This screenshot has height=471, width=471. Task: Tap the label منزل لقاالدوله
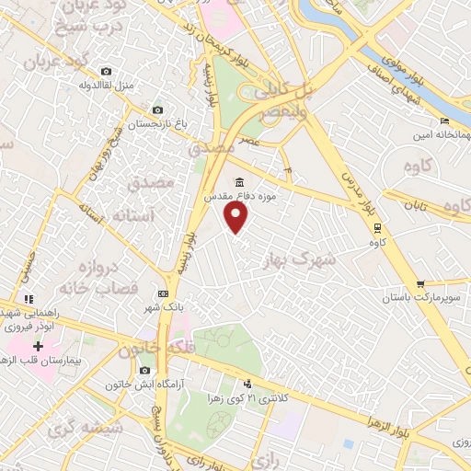point(107,86)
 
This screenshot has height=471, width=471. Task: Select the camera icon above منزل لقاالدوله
point(107,71)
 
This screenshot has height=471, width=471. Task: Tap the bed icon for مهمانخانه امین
point(444,121)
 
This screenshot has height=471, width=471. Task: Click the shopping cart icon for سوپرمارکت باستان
point(420,283)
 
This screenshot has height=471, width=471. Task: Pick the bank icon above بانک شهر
point(163,293)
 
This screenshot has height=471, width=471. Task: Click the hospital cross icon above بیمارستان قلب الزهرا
point(38,347)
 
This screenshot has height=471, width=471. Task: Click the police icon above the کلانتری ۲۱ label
point(247,384)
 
